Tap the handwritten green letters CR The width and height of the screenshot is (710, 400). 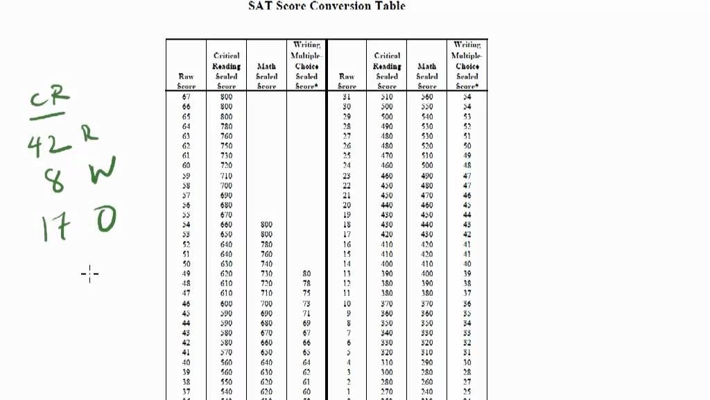(x=50, y=99)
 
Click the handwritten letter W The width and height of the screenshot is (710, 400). (x=102, y=172)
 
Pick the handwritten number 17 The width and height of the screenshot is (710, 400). (x=55, y=227)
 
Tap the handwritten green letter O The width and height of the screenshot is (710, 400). (x=105, y=220)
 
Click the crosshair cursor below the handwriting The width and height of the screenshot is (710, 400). (x=89, y=274)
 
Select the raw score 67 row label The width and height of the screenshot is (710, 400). (x=186, y=97)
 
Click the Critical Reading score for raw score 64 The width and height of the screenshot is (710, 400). (x=226, y=126)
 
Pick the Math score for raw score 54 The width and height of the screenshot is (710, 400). (x=266, y=225)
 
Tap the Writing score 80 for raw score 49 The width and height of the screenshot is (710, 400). (x=306, y=274)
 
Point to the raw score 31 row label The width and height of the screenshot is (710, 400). (x=347, y=97)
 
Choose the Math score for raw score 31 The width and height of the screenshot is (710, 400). (x=426, y=97)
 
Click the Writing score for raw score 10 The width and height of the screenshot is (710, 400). (x=467, y=304)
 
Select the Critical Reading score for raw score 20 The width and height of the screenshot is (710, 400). (x=386, y=206)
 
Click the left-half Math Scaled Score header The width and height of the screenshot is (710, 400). (x=266, y=76)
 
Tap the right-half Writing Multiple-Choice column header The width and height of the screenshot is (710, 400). (x=467, y=65)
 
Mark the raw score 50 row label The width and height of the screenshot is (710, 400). (x=186, y=265)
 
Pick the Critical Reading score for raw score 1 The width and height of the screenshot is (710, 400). (x=386, y=392)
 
